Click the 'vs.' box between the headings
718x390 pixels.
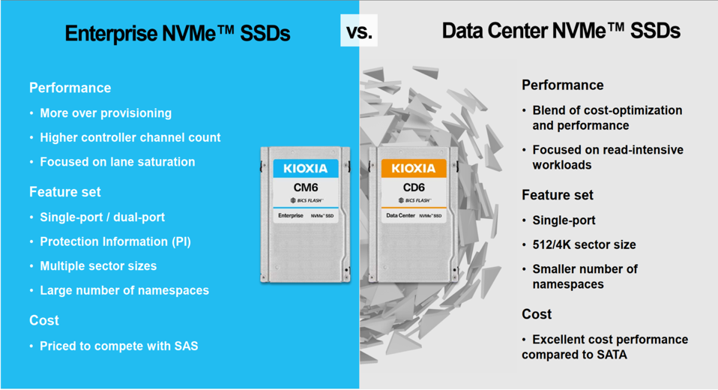pos(359,31)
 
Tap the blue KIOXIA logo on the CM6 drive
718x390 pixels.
pos(306,168)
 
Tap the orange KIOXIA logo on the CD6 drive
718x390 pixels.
pos(414,168)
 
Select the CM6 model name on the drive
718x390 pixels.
pos(306,187)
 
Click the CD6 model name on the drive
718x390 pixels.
pos(414,187)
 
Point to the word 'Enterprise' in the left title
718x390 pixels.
pos(111,34)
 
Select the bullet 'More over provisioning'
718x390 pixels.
pos(106,113)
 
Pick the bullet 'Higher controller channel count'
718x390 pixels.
pos(130,137)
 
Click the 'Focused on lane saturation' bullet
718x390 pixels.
pos(117,162)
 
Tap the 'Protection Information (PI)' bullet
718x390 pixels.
pos(115,241)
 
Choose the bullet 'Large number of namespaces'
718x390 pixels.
pos(124,290)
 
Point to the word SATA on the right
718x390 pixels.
pos(612,355)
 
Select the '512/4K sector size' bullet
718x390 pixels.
pos(584,244)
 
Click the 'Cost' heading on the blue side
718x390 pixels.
pos(44,320)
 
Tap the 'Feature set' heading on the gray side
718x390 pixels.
pos(558,195)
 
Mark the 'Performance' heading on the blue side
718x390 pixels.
pos(70,88)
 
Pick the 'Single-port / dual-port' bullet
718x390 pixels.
pos(102,217)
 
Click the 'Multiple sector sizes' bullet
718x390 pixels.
pos(98,266)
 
